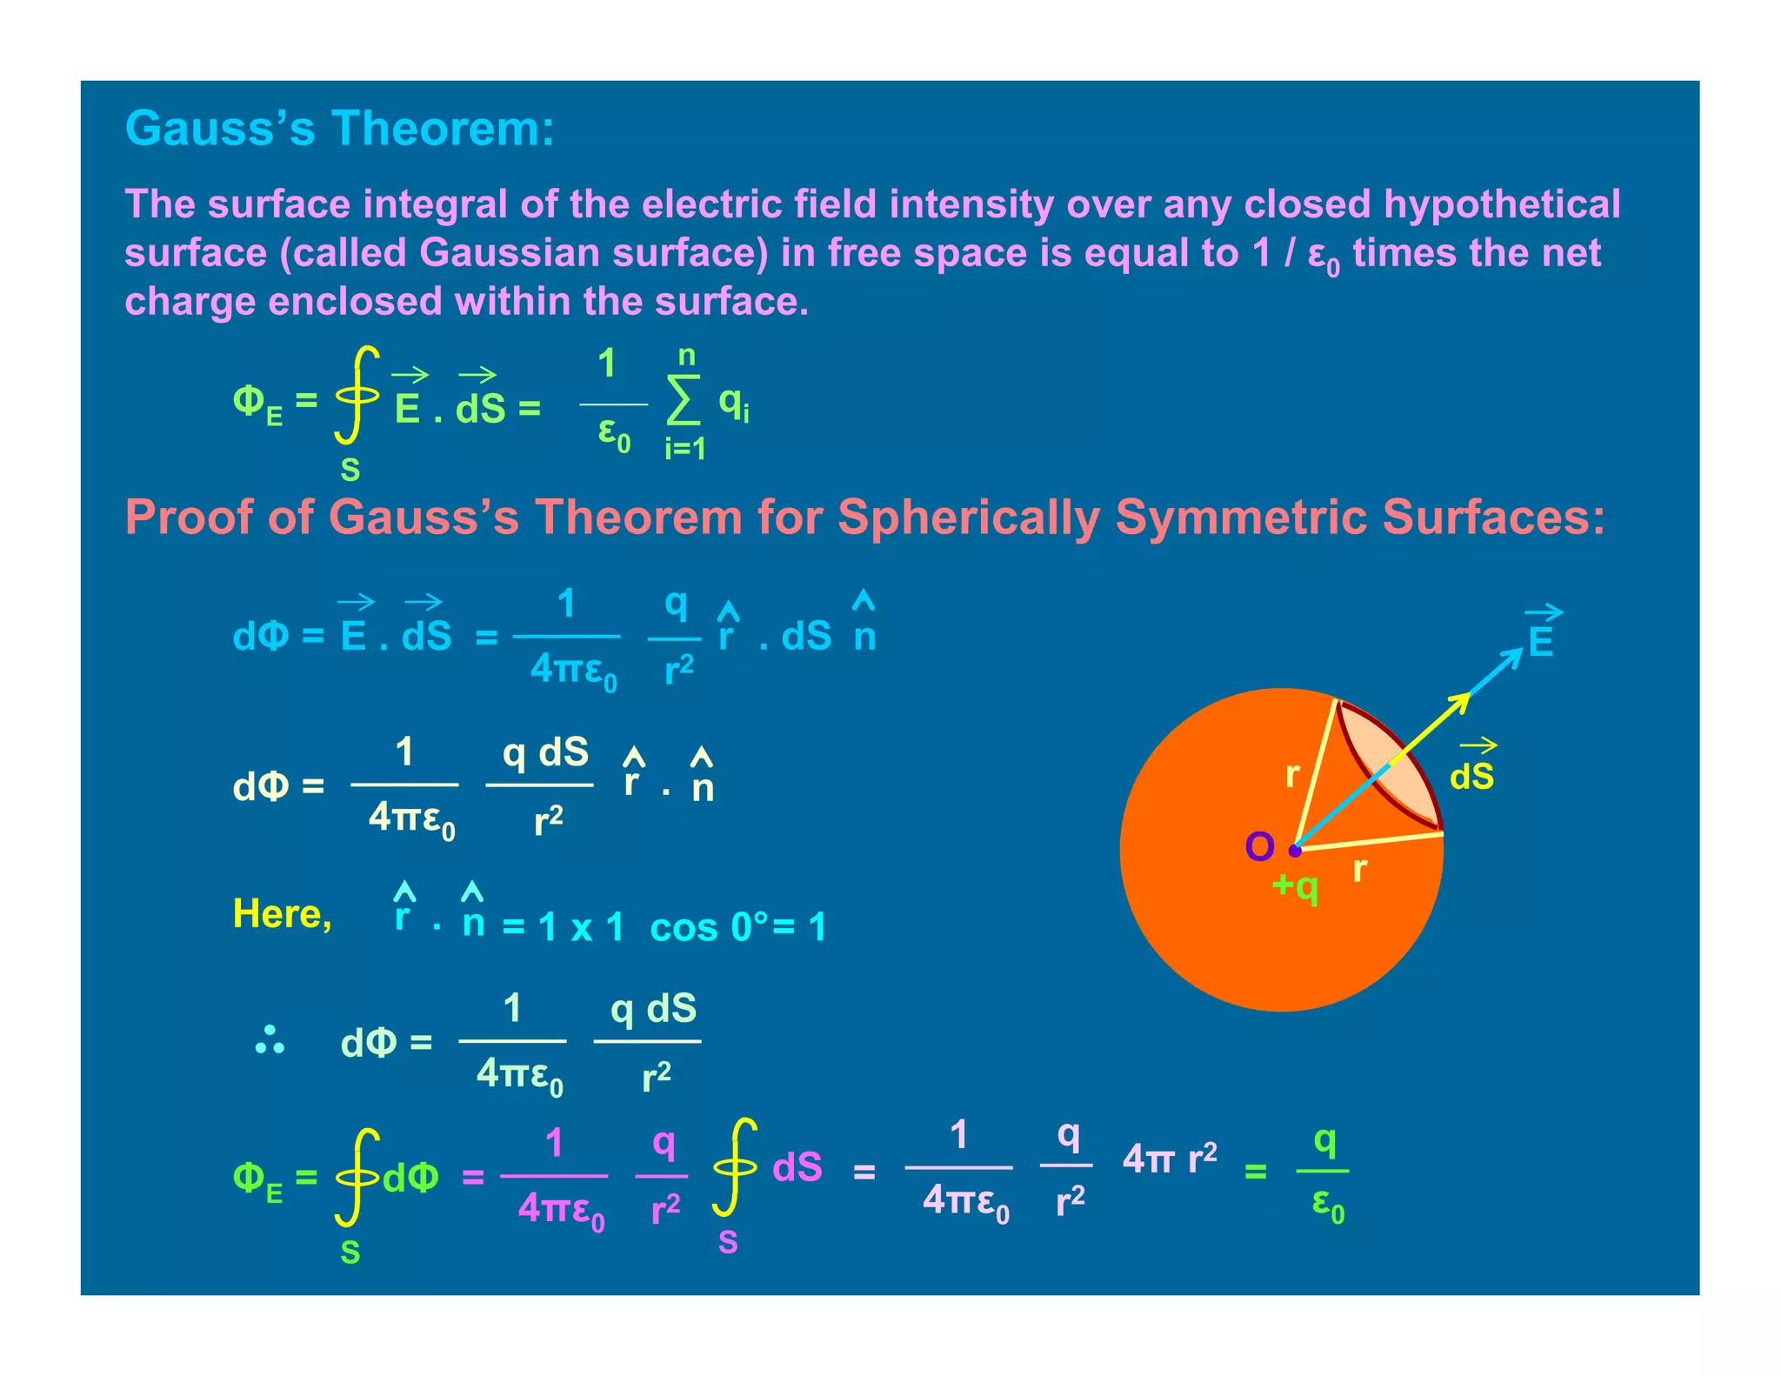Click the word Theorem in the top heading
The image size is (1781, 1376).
pyautogui.click(x=443, y=129)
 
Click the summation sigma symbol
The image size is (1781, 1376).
pyautogui.click(x=684, y=401)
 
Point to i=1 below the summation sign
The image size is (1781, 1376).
pyautogui.click(x=685, y=449)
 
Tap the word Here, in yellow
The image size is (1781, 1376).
pyautogui.click(x=282, y=914)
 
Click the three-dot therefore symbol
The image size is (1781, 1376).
pyautogui.click(x=270, y=1039)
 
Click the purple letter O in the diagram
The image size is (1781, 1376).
pyautogui.click(x=1259, y=846)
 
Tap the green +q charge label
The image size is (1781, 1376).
pyautogui.click(x=1295, y=886)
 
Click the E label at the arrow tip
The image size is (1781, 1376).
pyautogui.click(x=1541, y=642)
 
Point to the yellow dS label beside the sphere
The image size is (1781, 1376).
pyautogui.click(x=1471, y=776)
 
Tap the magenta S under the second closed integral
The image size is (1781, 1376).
pyautogui.click(x=728, y=1243)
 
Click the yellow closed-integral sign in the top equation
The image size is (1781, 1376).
pyautogui.click(x=357, y=395)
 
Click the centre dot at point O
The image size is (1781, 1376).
pyautogui.click(x=1295, y=851)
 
